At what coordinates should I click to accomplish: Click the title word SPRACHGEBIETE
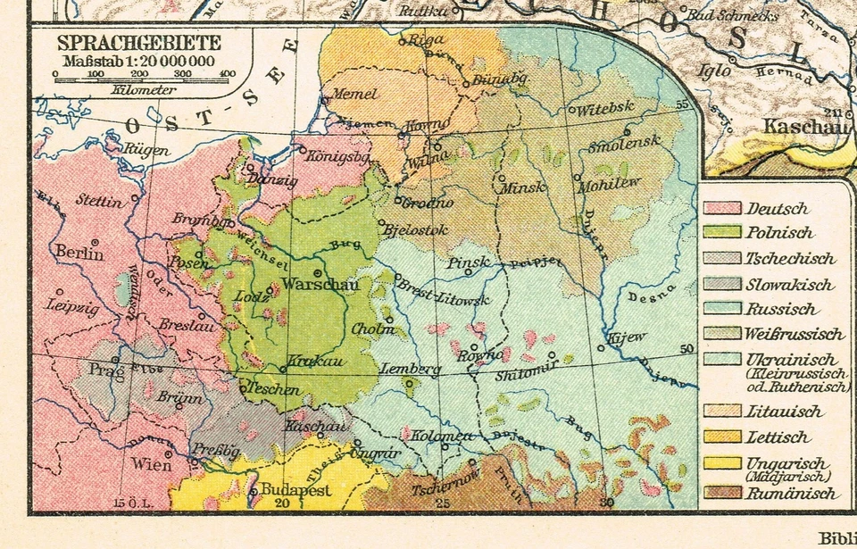click(139, 43)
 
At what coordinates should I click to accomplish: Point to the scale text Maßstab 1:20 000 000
click(138, 60)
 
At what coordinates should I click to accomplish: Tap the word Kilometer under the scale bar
click(140, 89)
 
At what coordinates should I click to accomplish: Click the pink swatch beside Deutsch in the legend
click(722, 209)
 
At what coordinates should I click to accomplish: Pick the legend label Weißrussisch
click(795, 335)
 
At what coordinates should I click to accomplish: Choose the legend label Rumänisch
click(792, 494)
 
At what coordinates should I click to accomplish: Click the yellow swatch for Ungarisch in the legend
click(722, 463)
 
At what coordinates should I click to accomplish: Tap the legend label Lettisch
click(778, 437)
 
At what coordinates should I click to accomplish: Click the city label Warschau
click(312, 286)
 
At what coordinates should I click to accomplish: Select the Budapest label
click(295, 491)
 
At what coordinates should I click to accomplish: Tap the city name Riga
click(426, 40)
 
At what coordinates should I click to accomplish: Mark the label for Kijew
click(624, 339)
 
